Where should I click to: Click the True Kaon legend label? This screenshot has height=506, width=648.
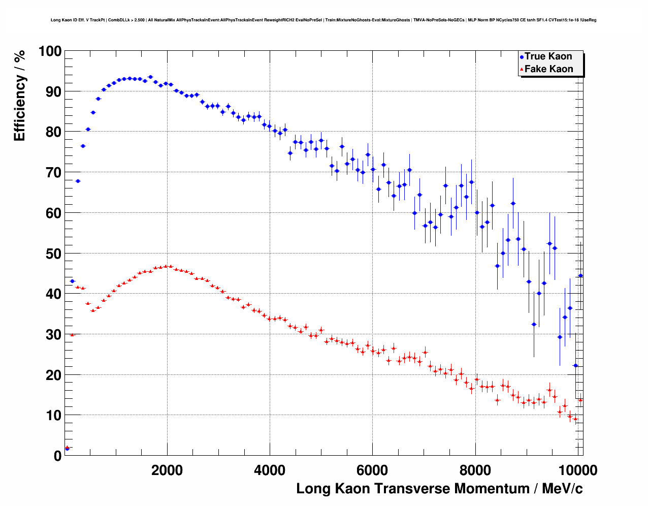coord(548,56)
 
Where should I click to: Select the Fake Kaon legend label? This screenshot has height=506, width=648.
coord(548,69)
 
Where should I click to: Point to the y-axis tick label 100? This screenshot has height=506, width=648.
coord(50,51)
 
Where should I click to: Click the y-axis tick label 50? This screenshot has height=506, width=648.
coord(53,254)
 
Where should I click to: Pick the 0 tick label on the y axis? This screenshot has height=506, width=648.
coord(57,456)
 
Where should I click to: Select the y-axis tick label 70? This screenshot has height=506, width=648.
coord(53,173)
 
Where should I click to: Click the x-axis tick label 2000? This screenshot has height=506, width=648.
coord(167,470)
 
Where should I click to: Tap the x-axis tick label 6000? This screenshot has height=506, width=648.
coord(372,470)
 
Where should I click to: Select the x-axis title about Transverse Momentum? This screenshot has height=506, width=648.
coord(439,489)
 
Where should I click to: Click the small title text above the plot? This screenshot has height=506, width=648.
coord(323,20)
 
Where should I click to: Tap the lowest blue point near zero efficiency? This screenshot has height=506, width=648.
coord(67,449)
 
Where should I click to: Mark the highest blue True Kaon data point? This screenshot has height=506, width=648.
coord(150,77)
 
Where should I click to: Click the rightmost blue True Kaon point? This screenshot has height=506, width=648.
coord(580,276)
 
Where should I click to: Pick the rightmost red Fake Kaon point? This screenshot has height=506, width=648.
coord(580,400)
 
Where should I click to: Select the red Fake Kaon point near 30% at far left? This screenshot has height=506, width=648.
coord(72,335)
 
